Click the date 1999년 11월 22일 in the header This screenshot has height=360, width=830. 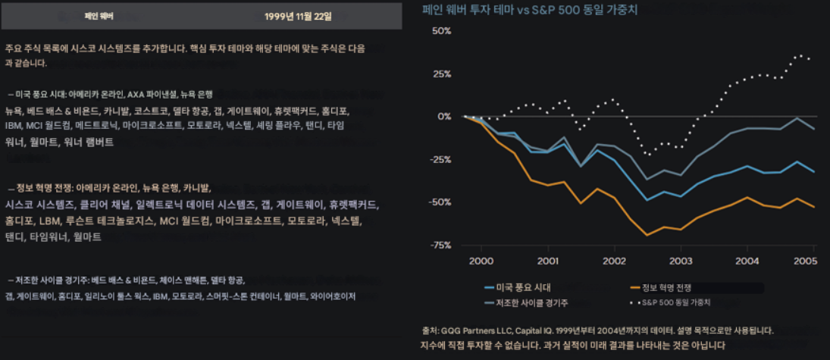[x=298, y=15]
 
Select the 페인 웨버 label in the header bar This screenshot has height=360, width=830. [x=99, y=15]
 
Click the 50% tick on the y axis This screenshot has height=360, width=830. [x=441, y=31]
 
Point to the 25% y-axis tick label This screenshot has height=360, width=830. [x=441, y=74]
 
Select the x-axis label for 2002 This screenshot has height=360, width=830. [x=614, y=261]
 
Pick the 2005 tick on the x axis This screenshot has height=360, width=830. [x=804, y=261]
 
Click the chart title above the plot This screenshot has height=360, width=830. [x=530, y=10]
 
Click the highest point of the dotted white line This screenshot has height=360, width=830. [x=799, y=55]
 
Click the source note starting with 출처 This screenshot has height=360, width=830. [x=597, y=330]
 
